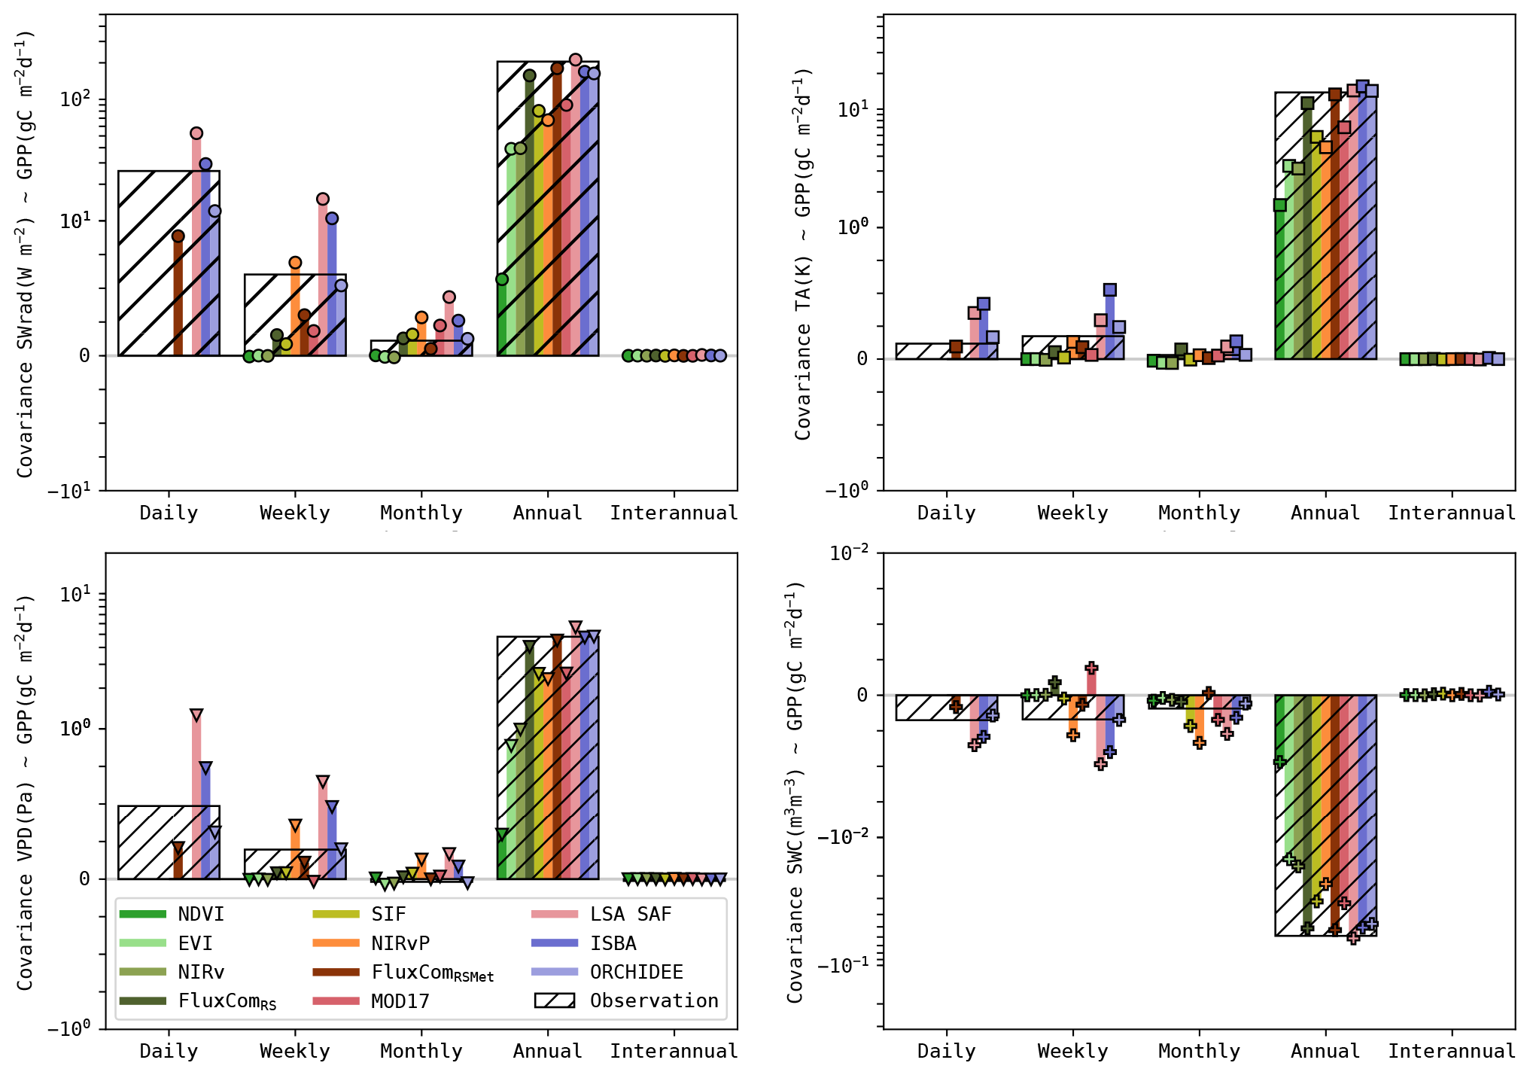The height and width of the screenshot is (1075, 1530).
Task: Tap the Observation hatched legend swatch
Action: [555, 1000]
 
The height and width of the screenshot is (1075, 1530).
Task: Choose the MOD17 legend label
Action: [400, 1001]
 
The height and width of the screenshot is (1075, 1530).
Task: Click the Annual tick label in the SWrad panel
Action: [548, 513]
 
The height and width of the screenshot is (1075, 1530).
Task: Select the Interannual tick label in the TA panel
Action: [1452, 513]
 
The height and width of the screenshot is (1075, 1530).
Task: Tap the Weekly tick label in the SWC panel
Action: [1072, 1051]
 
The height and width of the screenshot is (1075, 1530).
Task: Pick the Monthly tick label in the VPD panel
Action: [421, 1051]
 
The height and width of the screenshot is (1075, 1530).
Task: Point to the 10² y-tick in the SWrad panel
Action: [75, 99]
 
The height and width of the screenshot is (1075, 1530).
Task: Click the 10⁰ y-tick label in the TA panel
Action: [853, 227]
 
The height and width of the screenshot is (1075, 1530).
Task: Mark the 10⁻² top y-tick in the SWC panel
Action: [849, 553]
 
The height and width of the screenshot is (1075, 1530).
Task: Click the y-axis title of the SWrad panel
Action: [25, 253]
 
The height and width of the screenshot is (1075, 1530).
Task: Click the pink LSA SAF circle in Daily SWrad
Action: [196, 133]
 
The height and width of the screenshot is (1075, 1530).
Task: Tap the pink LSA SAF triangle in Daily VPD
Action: [196, 714]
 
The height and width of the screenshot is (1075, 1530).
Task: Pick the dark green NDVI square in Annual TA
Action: [1279, 205]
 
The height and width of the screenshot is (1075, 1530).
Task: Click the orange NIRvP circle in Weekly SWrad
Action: [295, 263]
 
